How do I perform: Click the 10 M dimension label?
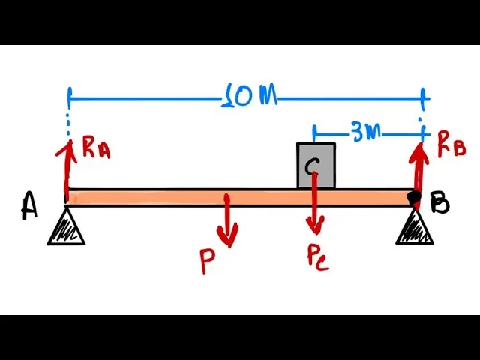coord(250,97)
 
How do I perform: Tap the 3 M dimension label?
coord(365,132)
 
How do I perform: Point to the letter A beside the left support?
coord(29,206)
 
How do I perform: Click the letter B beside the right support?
coord(440,203)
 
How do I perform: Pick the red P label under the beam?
coord(208,261)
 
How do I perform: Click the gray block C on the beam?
coord(316,166)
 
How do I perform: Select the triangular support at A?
coord(66,228)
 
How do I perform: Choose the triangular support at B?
coord(415,227)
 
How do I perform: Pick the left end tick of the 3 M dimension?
coord(313,133)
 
